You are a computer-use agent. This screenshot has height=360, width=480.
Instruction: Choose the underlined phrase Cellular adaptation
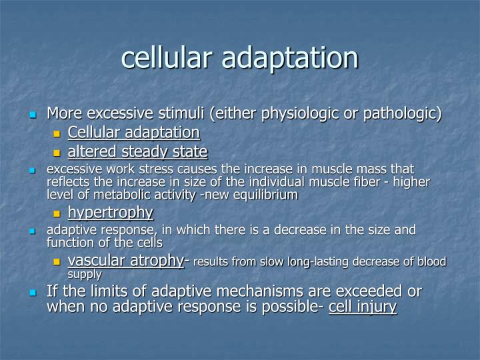(x=133, y=132)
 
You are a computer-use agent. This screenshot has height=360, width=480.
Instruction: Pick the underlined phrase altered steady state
(x=137, y=151)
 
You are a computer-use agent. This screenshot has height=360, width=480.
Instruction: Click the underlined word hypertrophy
(x=111, y=213)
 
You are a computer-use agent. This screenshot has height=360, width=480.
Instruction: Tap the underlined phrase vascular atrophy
(x=125, y=261)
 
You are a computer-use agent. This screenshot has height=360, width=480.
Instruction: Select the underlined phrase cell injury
(x=363, y=307)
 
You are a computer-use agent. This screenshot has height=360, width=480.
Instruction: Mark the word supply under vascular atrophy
(x=85, y=274)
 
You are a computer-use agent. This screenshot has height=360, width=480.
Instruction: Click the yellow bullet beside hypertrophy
(x=57, y=214)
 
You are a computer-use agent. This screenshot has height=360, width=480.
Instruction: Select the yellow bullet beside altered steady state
(x=57, y=153)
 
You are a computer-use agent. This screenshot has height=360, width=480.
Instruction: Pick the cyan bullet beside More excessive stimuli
(x=32, y=115)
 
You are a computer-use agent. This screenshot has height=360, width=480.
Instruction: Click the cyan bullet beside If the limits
(x=32, y=293)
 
